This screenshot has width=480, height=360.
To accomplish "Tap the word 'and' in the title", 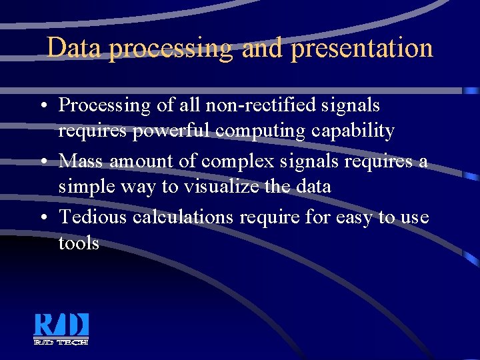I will (262, 49).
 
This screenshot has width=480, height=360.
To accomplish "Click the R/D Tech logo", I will (61, 329).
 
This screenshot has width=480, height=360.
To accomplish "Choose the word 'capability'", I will (354, 131).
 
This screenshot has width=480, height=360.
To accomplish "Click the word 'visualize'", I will (217, 187).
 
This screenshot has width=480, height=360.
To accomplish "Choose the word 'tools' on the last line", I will (79, 243).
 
